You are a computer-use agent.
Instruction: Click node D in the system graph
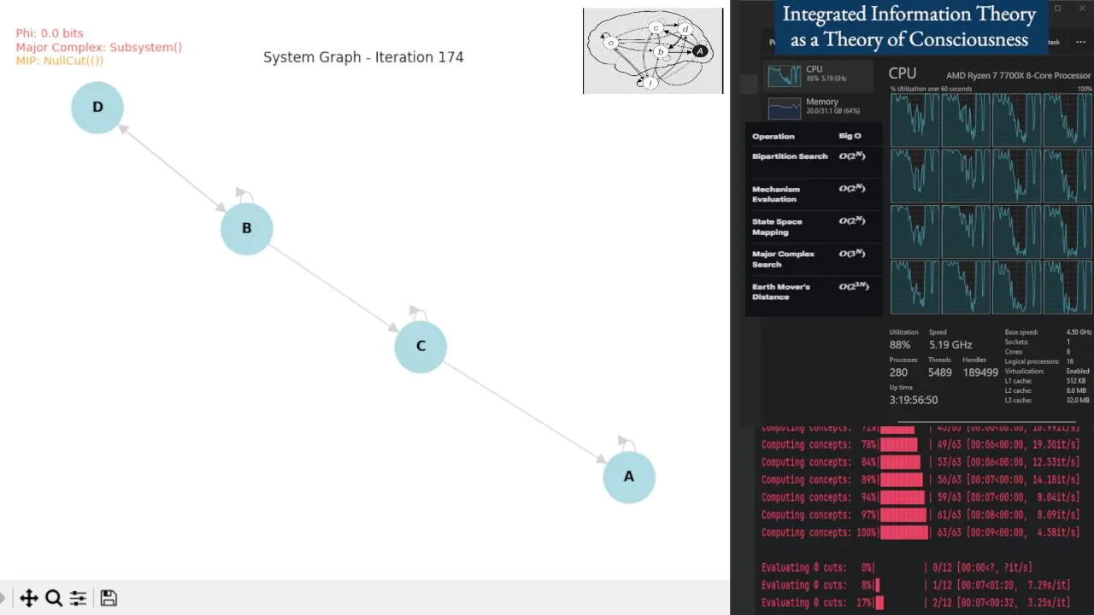97,108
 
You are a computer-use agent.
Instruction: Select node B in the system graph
247,229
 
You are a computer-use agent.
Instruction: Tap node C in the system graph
421,347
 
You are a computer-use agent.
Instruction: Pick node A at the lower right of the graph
629,477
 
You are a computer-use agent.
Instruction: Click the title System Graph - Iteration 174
363,57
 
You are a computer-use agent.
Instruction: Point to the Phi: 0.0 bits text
50,33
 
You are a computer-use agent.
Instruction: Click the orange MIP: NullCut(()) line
60,61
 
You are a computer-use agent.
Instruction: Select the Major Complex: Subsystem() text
98,47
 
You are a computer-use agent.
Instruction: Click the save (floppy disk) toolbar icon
109,598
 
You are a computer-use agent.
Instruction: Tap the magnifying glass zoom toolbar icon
54,598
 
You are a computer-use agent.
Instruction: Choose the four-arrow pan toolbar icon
29,598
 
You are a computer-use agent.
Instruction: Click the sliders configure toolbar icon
78,598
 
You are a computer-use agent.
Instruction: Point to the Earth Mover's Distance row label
780,291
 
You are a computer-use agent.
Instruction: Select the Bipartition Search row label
790,156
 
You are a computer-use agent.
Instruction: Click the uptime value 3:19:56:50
914,400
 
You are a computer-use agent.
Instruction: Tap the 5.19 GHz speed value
950,344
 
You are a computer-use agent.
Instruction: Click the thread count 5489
939,372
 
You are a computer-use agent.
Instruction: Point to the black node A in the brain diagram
700,51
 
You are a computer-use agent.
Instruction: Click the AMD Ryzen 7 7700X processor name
1018,75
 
